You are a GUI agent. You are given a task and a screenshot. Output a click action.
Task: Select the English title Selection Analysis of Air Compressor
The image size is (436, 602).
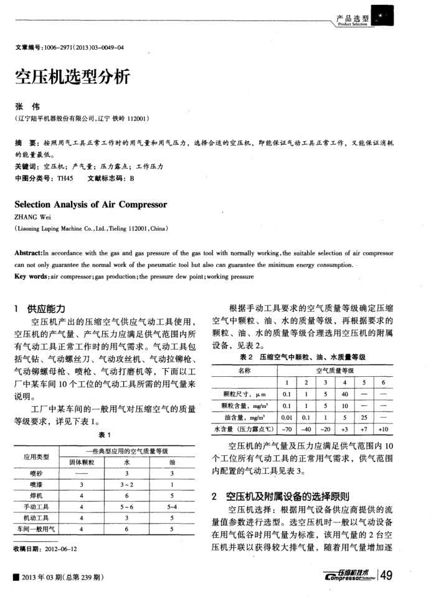coord(90,204)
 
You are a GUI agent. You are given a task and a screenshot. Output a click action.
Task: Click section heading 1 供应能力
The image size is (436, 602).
coord(44,308)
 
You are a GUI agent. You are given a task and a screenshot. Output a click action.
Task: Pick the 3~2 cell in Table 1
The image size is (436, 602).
coord(128,484)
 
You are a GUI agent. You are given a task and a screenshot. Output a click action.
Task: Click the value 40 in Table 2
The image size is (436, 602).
coord(344,394)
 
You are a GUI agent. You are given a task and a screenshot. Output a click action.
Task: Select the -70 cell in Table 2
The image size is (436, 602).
coord(287,428)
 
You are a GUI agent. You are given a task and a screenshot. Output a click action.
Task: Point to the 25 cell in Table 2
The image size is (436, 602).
coord(364,417)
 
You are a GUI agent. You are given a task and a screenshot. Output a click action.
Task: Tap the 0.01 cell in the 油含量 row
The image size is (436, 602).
coord(287,417)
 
